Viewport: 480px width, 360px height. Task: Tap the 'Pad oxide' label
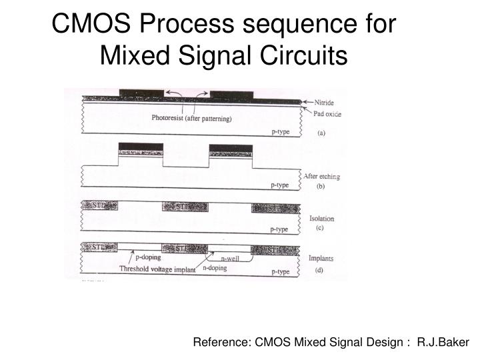(327, 114)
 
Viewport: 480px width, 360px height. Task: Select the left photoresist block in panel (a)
(141, 93)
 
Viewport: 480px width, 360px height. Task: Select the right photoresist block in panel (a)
(231, 93)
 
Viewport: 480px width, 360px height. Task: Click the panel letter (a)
(321, 133)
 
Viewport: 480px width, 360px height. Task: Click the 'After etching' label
(322, 176)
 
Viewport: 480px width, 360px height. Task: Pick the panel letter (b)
(321, 187)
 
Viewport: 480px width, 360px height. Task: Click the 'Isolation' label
(322, 219)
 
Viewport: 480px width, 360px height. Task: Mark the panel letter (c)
(321, 229)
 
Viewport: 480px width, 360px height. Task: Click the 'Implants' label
(321, 259)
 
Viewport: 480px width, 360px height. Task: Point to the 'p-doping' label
(148, 256)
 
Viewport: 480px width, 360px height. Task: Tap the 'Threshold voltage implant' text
(157, 269)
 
